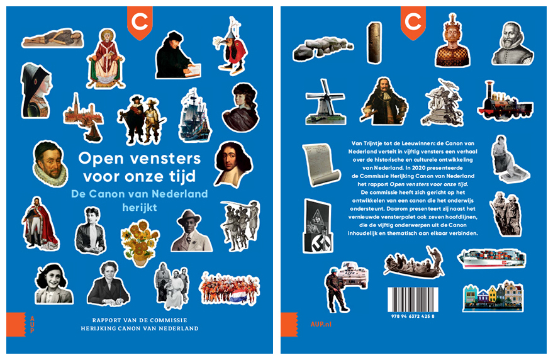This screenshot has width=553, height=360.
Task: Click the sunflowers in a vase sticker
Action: click(x=140, y=242)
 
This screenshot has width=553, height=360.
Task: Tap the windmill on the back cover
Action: click(x=325, y=103)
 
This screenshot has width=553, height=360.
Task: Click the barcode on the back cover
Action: click(x=413, y=300)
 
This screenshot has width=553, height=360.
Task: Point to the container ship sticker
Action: click(x=491, y=258)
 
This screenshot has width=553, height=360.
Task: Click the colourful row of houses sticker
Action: click(x=493, y=296)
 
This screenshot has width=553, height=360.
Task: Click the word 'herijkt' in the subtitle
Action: click(x=140, y=208)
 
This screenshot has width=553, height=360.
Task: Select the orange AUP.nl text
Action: click(x=321, y=324)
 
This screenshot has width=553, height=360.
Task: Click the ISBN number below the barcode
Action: click(x=413, y=316)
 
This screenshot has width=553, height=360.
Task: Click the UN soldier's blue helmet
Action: click(x=333, y=271)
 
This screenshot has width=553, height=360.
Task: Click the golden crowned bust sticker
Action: click(x=452, y=40)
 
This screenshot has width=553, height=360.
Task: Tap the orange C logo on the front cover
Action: click(x=140, y=23)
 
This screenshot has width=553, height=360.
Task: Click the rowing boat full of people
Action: click(x=414, y=263)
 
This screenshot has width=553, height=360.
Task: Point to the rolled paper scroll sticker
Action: click(x=321, y=164)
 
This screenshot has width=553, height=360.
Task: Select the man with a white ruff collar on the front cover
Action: click(x=50, y=164)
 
